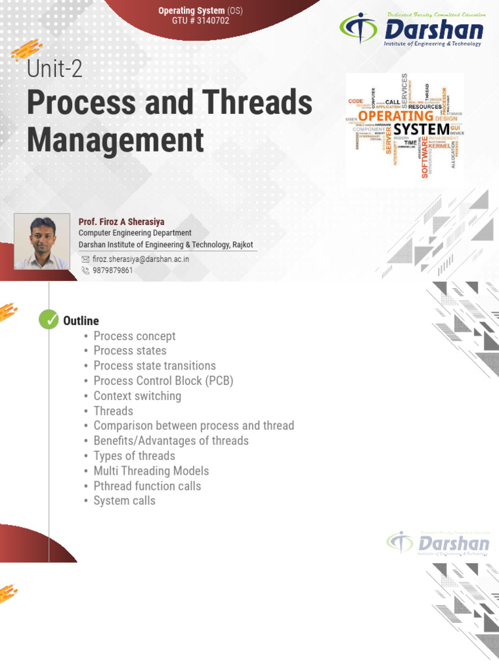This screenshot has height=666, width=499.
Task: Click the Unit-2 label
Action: pyautogui.click(x=55, y=69)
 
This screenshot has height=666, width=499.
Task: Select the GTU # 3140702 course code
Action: pyautogui.click(x=200, y=21)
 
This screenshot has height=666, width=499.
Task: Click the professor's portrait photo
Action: pyautogui.click(x=42, y=241)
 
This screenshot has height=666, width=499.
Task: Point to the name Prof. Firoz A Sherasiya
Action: pyautogui.click(x=121, y=222)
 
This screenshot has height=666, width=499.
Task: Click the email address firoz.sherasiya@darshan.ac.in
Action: pyautogui.click(x=140, y=258)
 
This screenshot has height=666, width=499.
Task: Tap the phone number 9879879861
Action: pyautogui.click(x=112, y=270)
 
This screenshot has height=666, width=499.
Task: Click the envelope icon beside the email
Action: pyautogui.click(x=84, y=258)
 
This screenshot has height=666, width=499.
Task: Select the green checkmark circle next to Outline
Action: pyautogui.click(x=49, y=320)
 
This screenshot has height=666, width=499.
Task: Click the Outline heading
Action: pyautogui.click(x=81, y=321)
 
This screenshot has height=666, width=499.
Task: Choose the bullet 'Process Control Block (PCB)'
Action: pyautogui.click(x=163, y=381)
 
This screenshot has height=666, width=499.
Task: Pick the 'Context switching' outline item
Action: pyautogui.click(x=137, y=396)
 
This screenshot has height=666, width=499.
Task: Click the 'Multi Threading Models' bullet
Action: pyautogui.click(x=151, y=471)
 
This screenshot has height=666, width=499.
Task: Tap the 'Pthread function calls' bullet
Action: pyautogui.click(x=147, y=486)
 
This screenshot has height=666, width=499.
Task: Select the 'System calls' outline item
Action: pyautogui.click(x=124, y=501)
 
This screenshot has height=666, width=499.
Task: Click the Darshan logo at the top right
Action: pyautogui.click(x=412, y=29)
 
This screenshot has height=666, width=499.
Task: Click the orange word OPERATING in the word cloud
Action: pyautogui.click(x=395, y=116)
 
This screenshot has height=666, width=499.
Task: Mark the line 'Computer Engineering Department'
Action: pyautogui.click(x=134, y=233)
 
